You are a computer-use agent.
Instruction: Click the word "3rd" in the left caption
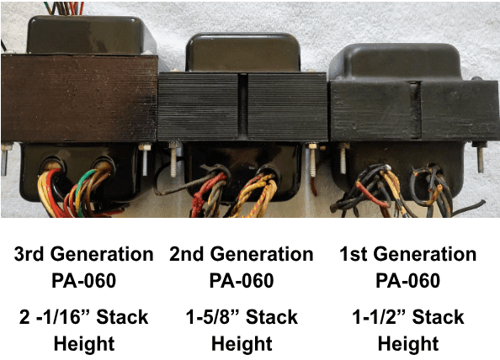pyautogui.click(x=29, y=254)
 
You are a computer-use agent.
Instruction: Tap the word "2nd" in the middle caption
pyautogui.click(x=186, y=254)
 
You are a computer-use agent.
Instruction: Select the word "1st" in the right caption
pyautogui.click(x=353, y=254)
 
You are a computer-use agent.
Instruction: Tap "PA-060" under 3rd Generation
pyautogui.click(x=84, y=281)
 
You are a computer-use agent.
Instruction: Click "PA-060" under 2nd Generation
pyautogui.click(x=242, y=281)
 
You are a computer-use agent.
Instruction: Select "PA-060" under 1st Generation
pyautogui.click(x=408, y=281)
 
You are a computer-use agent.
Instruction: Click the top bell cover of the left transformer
pyautogui.click(x=91, y=34)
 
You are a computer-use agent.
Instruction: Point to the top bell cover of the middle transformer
pyautogui.click(x=243, y=52)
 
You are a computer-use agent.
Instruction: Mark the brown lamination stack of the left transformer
pyautogui.click(x=79, y=98)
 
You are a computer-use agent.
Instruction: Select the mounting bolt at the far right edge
pyautogui.click(x=480, y=157)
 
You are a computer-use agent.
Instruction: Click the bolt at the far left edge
pyautogui.click(x=5, y=159)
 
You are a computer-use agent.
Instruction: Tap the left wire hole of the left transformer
pyautogui.click(x=52, y=165)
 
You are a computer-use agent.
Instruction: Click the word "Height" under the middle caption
pyautogui.click(x=242, y=344)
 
